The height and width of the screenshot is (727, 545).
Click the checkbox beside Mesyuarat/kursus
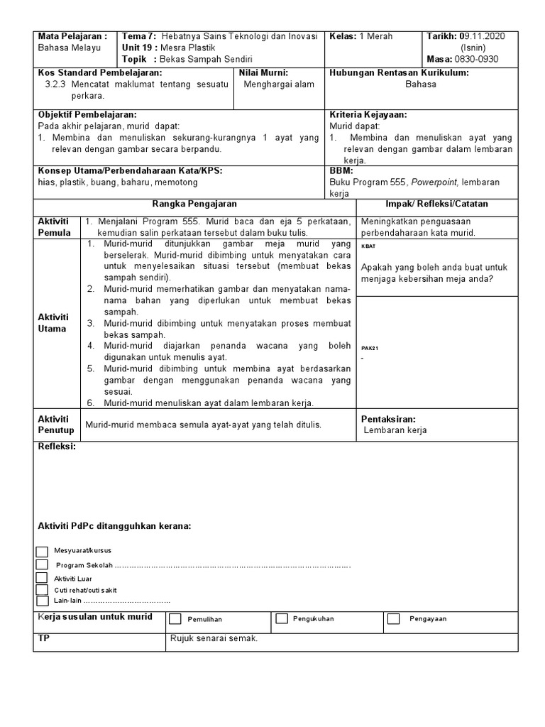[x=42, y=552]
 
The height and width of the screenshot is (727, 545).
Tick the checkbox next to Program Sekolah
[x=42, y=564]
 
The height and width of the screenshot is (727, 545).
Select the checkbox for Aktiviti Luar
[x=42, y=578]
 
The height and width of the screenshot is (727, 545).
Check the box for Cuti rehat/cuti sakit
[x=42, y=589]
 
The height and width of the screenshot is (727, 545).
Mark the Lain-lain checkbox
[x=42, y=600]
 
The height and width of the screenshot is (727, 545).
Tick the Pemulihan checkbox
[x=175, y=618]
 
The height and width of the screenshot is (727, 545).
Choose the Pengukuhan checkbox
[x=282, y=618]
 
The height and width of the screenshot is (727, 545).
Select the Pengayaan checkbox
[x=394, y=618]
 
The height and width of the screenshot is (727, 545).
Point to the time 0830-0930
[x=478, y=59]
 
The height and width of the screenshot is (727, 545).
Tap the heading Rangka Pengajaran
[x=195, y=204]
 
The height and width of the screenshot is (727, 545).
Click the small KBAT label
[x=369, y=246]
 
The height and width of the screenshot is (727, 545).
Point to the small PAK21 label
[x=370, y=349]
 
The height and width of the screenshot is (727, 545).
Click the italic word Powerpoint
[x=430, y=182]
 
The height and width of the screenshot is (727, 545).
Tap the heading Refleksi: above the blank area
[x=56, y=447]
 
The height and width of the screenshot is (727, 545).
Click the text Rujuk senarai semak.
[x=214, y=638]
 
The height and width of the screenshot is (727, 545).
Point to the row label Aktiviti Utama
[x=54, y=322]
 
